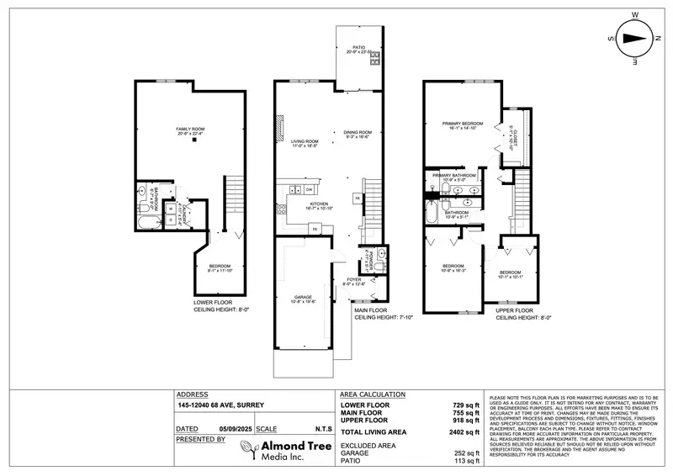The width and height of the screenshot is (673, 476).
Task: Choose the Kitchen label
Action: tap(318, 204)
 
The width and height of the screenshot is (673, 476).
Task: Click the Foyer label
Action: tap(353, 281)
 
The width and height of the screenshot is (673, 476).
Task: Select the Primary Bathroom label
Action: tap(454, 176)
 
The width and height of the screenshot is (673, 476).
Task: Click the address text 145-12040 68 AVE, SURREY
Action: tap(220, 405)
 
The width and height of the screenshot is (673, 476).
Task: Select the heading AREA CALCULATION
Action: tap(372, 394)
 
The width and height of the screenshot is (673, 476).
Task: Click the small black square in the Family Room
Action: tap(193, 140)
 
